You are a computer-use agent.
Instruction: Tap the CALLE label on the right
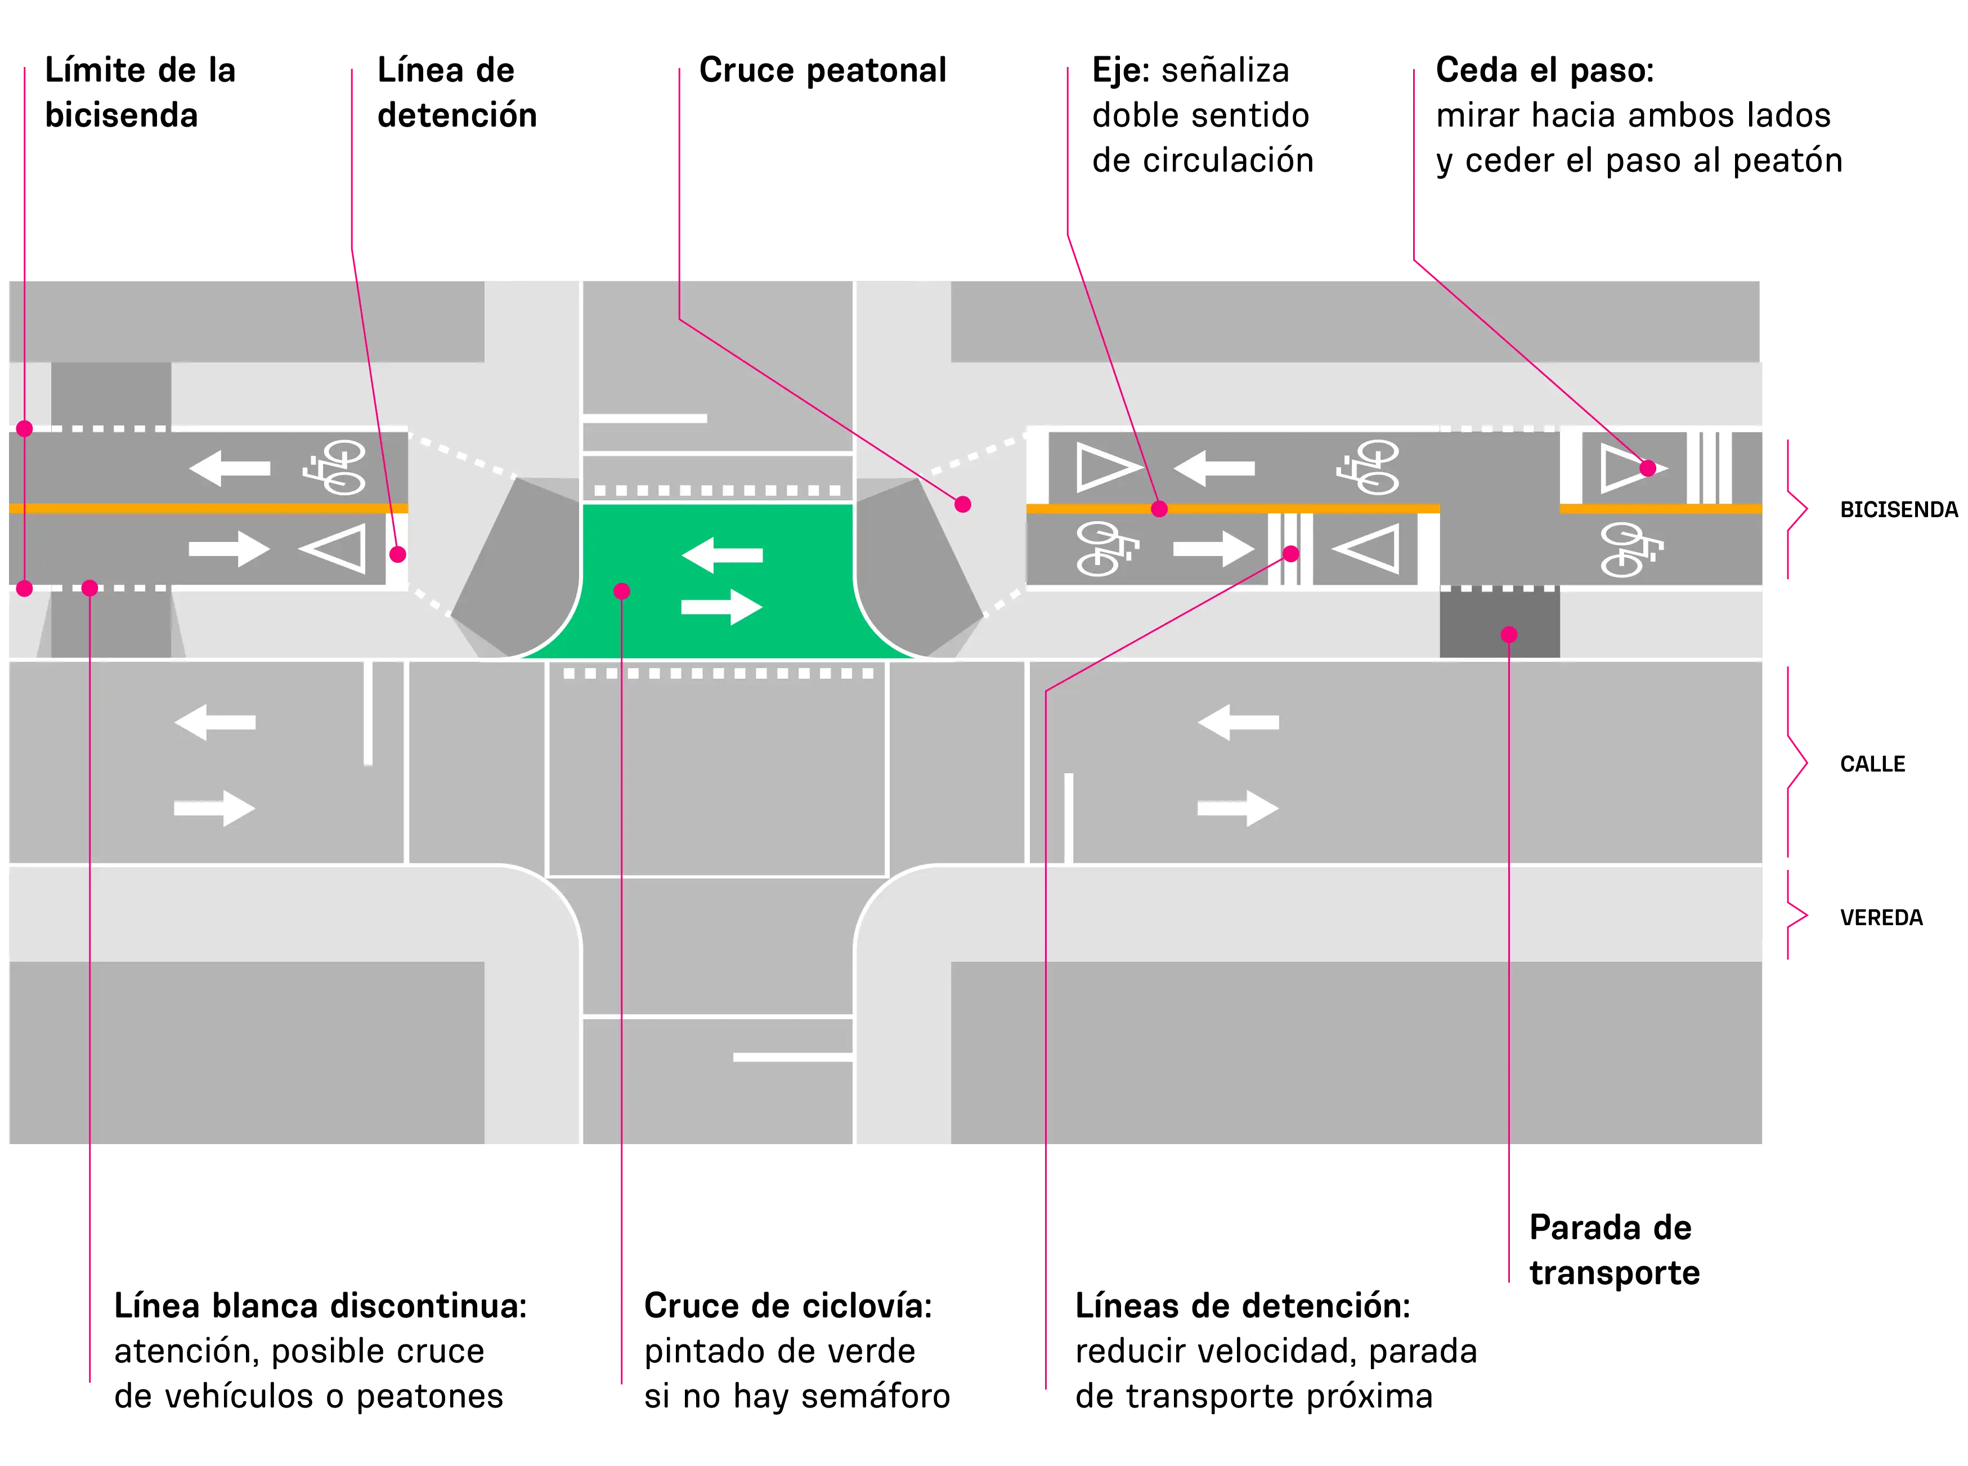pyautogui.click(x=1872, y=764)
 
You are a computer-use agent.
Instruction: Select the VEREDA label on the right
pyautogui.click(x=1881, y=917)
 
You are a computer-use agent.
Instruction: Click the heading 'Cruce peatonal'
pyautogui.click(x=823, y=70)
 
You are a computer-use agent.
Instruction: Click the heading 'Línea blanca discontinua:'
pyautogui.click(x=320, y=1306)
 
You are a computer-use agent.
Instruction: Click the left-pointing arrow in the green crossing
pyautogui.click(x=721, y=555)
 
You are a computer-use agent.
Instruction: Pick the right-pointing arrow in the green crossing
pyautogui.click(x=721, y=607)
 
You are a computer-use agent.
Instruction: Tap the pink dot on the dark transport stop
pyautogui.click(x=1508, y=634)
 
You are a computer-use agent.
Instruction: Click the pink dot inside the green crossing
pyautogui.click(x=621, y=591)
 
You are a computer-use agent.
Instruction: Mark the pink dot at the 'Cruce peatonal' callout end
pyautogui.click(x=963, y=505)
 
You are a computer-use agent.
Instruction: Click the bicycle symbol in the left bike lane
pyautogui.click(x=334, y=467)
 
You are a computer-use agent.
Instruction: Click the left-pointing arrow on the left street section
pyautogui.click(x=215, y=723)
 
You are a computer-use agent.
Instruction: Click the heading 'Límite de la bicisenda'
pyautogui.click(x=140, y=92)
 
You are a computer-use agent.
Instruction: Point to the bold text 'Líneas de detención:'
pyautogui.click(x=1242, y=1306)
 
